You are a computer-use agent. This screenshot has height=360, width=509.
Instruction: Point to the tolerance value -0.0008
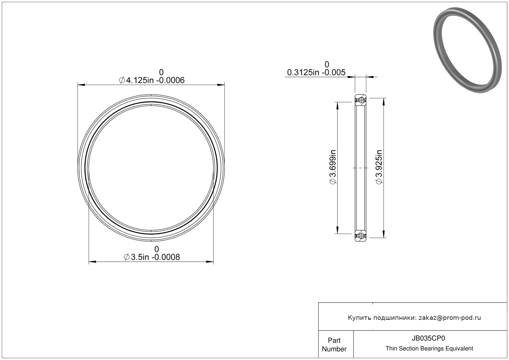click(x=166, y=257)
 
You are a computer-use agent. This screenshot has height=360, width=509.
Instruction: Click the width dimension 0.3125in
click(x=303, y=72)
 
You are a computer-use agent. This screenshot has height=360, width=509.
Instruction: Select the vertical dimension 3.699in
click(x=333, y=167)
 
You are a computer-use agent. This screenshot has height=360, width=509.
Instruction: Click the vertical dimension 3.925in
click(x=379, y=167)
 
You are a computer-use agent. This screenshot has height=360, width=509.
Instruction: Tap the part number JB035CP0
click(x=428, y=338)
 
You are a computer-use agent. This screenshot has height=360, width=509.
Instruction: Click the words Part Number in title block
click(x=334, y=345)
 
